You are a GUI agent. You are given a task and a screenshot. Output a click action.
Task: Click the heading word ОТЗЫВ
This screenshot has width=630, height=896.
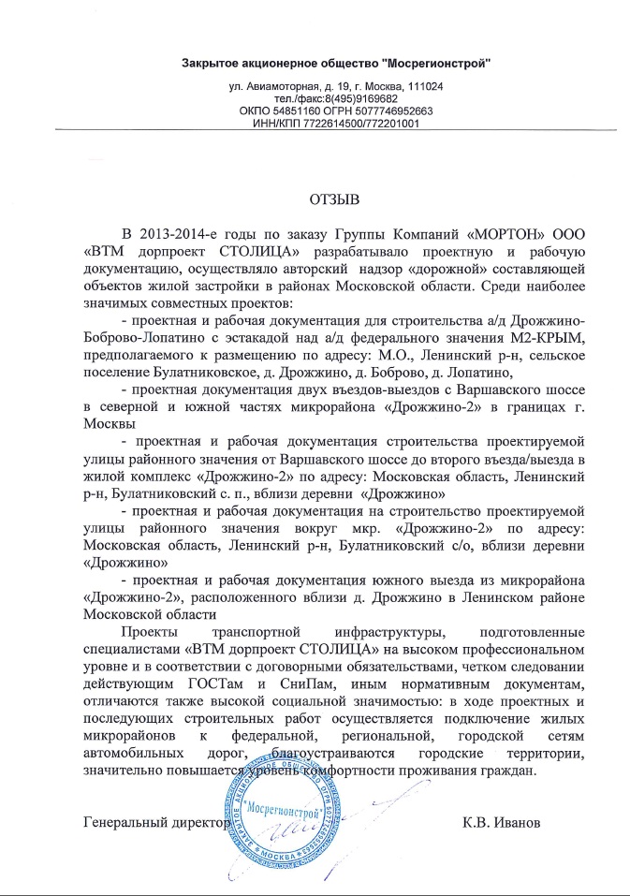[x=334, y=198]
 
